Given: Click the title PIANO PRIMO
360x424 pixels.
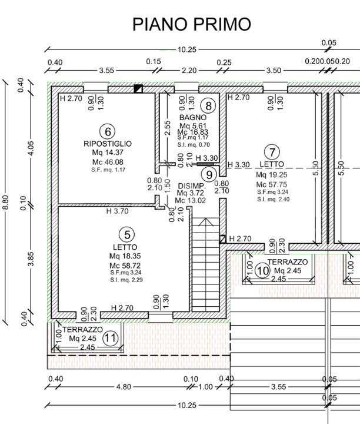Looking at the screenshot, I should [191, 24].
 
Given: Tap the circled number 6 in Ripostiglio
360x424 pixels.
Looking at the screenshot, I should [107, 131].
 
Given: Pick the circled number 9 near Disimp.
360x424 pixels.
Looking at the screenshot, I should [208, 174].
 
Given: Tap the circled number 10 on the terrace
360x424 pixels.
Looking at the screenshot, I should [262, 271].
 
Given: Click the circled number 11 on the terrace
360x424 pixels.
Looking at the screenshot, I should [110, 339].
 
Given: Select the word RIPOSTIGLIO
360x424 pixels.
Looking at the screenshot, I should [107, 143].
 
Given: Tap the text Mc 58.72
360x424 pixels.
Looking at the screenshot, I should [124, 266].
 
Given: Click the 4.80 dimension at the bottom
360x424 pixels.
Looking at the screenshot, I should [123, 387].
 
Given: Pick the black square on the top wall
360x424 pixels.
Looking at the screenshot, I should [138, 89].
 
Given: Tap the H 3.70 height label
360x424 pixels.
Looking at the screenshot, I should [117, 211].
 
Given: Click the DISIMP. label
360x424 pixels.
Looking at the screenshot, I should [191, 185].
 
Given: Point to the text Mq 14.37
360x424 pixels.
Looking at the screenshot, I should [107, 153].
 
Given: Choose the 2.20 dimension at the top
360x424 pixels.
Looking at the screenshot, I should [189, 70].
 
